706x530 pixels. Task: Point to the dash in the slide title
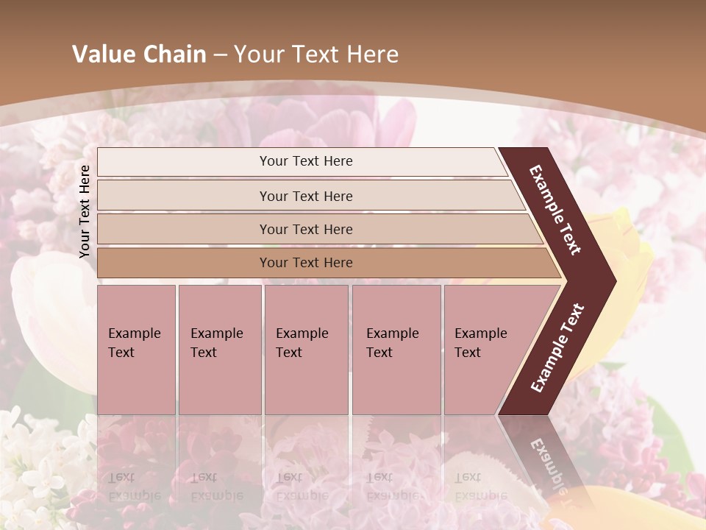point(220,55)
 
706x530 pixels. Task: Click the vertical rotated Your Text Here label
point(85,211)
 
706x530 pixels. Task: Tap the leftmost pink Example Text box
point(136,349)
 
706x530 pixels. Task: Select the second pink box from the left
point(219,349)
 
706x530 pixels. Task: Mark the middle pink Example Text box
point(306,349)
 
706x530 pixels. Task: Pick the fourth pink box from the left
point(396,349)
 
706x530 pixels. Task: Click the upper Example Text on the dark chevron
point(555,210)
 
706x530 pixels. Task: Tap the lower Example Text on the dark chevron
point(557,348)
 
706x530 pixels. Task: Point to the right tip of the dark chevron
point(613,280)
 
